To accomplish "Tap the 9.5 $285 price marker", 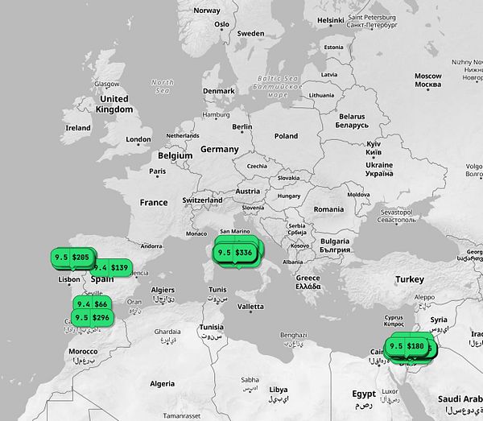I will coord(72,257).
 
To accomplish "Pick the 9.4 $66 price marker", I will coord(93,304).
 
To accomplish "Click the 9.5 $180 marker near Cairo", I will coord(407,346).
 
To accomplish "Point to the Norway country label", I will coord(207,10).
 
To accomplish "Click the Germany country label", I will coord(220,150).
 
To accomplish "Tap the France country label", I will coord(154,203).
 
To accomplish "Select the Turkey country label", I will coord(409,279).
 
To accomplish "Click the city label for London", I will coord(138,140).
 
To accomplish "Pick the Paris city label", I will coord(157,171).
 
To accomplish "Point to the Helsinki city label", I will coord(330,20).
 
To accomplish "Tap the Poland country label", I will coord(286,137).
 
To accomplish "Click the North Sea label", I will coord(162,86).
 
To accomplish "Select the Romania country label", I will coord(328,209).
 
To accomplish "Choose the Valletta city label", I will coord(250,307).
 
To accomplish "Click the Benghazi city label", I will coord(293,335).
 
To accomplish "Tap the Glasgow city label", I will coord(106,84).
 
